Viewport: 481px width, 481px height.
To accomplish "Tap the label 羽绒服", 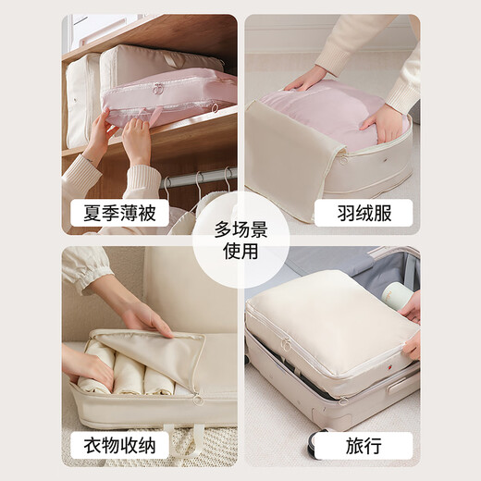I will pos(364,213).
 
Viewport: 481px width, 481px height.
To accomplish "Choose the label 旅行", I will pos(364,445).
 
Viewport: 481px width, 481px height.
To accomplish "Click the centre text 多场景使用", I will pos(240,240).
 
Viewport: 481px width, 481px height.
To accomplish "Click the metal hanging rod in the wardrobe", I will pos(199,177).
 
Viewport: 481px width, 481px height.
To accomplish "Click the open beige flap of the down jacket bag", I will pos(282,171).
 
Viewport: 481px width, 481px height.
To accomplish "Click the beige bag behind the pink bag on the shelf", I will pos(83,97).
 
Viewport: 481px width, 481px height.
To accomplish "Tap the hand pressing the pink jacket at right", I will pos(387,120).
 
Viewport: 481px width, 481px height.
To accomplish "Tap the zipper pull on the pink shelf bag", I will pos(159,89).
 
